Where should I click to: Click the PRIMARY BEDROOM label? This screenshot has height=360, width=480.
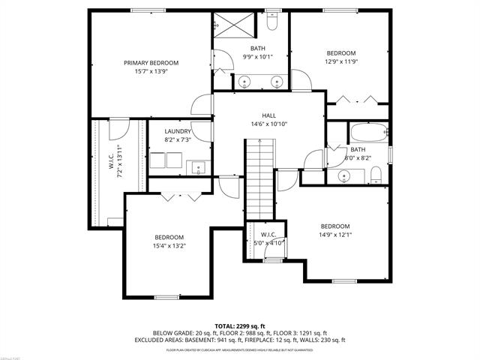151,63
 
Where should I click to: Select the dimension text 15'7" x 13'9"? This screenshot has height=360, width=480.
151,71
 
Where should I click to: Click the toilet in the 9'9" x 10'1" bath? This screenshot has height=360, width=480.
272,23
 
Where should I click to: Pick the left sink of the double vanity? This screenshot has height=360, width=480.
244,82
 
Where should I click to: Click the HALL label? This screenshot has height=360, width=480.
269,115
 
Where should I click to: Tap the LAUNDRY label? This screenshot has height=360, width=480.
178,132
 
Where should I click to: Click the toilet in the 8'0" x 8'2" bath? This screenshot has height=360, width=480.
376,176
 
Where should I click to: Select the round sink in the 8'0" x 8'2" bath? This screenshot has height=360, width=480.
345,177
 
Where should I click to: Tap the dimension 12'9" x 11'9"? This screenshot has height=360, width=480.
340,62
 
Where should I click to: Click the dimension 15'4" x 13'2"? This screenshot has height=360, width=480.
169,245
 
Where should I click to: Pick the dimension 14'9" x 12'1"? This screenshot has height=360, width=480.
335,235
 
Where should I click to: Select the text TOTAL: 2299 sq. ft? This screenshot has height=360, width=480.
240,326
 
